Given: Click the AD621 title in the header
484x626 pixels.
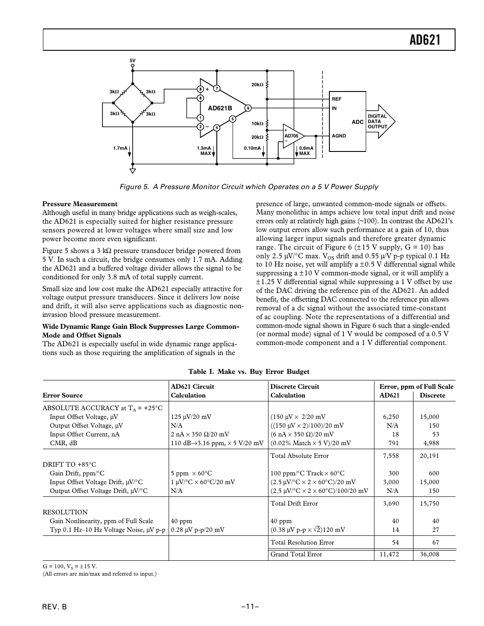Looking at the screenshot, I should [x=424, y=40].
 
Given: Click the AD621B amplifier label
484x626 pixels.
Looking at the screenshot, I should [x=219, y=108].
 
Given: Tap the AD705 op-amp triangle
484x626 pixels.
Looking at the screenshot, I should [x=292, y=136].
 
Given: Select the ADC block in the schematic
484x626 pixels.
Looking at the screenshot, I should [x=347, y=121].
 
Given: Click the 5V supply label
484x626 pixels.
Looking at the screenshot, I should [x=132, y=60].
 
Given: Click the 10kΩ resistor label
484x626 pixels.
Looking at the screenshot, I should [x=257, y=124].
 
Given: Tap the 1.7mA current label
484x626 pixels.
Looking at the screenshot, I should [x=120, y=148].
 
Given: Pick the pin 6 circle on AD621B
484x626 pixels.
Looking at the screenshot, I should [x=247, y=108].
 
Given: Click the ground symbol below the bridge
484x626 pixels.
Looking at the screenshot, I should [x=132, y=171].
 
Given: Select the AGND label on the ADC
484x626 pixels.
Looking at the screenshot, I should [x=339, y=136].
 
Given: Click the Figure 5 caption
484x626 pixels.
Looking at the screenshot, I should [x=249, y=187].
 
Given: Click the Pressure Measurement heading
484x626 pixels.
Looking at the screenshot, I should [x=80, y=204].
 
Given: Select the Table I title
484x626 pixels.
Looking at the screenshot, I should [x=249, y=372].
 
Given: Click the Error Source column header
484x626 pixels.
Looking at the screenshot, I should [x=63, y=395].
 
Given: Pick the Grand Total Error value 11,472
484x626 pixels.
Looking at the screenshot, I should [x=389, y=555].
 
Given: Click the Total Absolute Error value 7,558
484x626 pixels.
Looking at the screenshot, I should [x=391, y=456].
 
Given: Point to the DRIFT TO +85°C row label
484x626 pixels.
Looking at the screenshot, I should [x=69, y=464].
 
